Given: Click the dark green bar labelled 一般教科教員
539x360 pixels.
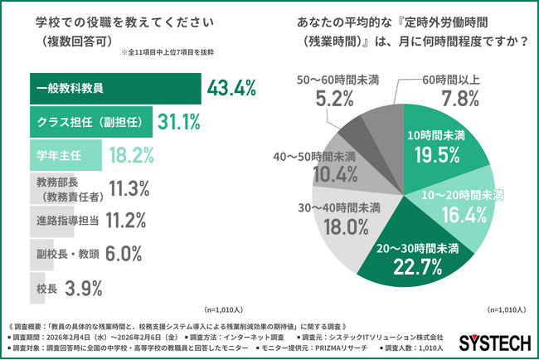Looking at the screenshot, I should [x=116, y=88].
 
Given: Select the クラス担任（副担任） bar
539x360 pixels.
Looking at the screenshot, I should [x=91, y=122].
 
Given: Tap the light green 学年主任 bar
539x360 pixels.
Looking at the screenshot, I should [x=66, y=155].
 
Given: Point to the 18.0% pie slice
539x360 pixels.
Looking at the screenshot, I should [x=349, y=220].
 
